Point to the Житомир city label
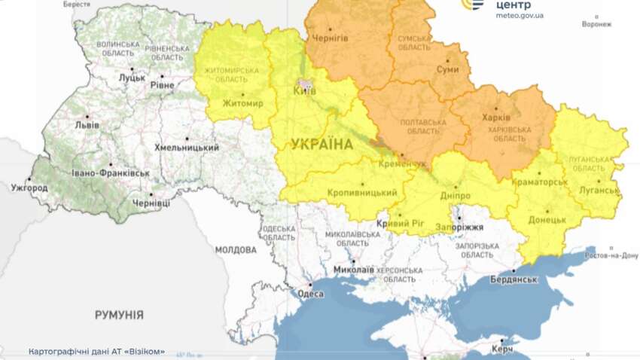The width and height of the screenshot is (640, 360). tap(243, 103)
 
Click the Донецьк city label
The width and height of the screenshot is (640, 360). tap(547, 220)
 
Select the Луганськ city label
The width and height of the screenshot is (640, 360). tap(598, 190)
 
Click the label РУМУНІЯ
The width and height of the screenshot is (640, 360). tap(119, 314)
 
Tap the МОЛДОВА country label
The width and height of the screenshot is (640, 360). tap(236, 250)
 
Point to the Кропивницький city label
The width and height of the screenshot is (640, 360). tap(362, 193)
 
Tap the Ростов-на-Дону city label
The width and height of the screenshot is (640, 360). tap(611, 255)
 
